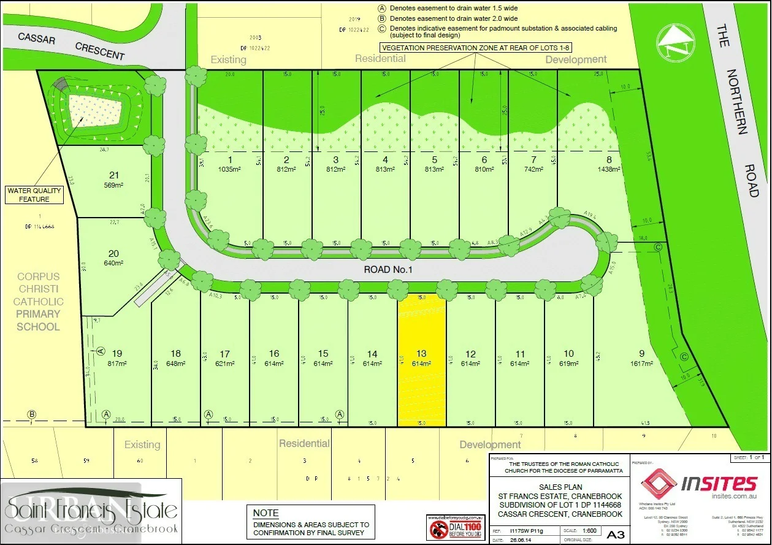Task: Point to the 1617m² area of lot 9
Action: [641, 363]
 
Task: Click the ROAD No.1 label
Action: [390, 269]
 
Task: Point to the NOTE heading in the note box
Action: [266, 513]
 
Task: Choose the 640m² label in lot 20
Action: [113, 264]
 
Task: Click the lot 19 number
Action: [117, 353]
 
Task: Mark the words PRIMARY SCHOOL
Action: [38, 321]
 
